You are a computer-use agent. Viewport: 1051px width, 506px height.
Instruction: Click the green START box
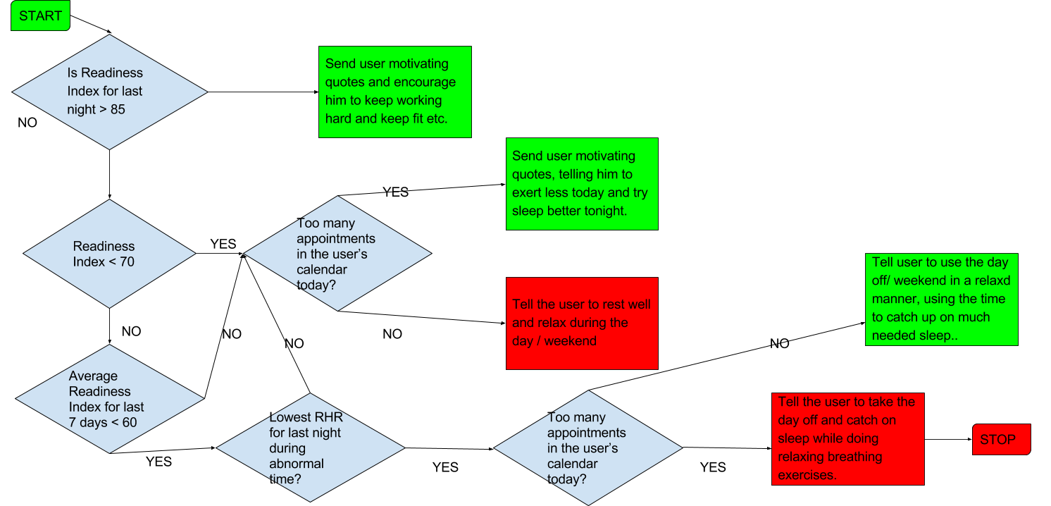(40, 16)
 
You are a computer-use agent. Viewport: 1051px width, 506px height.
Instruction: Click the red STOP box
(1001, 440)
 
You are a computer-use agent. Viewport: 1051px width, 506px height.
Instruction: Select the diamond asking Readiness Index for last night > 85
(109, 92)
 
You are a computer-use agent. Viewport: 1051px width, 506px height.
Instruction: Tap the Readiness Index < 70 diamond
(109, 254)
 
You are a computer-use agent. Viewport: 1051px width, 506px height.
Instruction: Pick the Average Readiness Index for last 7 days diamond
(109, 399)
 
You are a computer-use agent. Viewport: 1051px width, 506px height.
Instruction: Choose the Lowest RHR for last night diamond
(310, 448)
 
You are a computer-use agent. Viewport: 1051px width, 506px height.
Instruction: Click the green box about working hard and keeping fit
(394, 92)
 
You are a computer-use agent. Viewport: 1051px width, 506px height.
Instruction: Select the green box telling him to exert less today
(582, 183)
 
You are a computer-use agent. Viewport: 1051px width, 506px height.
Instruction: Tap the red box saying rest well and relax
(582, 323)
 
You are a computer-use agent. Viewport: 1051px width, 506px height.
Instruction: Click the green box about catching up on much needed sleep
(941, 300)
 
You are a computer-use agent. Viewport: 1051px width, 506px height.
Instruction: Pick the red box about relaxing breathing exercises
(847, 439)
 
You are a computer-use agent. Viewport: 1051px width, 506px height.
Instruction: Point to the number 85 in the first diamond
(118, 110)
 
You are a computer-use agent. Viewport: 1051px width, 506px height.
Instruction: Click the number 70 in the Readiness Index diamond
(127, 262)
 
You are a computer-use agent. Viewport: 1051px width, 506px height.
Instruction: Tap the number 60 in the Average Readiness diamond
(129, 423)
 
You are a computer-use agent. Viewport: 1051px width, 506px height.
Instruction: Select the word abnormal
(297, 464)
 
